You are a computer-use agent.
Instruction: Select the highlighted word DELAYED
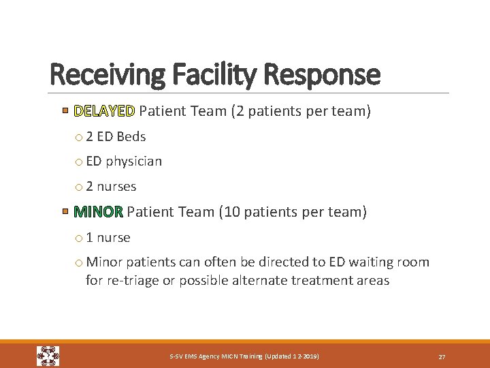[105, 111]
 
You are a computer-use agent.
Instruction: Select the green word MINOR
[99, 212]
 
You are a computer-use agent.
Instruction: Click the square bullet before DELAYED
[65, 110]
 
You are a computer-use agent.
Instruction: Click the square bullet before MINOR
[65, 212]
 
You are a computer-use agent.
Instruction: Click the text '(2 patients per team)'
[301, 111]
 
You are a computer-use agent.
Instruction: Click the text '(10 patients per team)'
[293, 212]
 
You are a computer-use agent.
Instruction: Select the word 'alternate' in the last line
[263, 281]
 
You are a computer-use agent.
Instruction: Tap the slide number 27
[442, 356]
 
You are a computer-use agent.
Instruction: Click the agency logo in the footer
[48, 356]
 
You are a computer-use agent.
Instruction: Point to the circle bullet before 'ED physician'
[80, 162]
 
